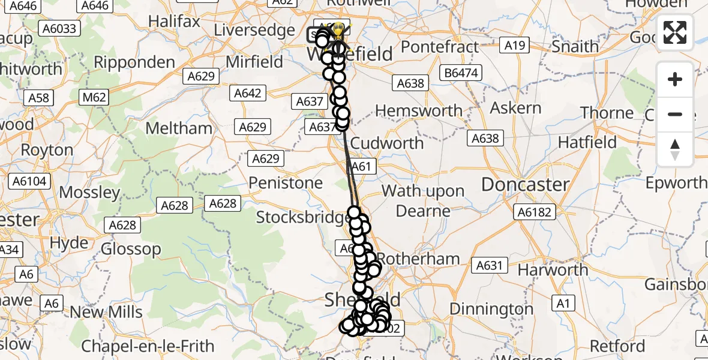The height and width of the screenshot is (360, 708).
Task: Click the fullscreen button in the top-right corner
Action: [x=675, y=32]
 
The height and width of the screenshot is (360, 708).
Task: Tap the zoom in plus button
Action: [x=675, y=80]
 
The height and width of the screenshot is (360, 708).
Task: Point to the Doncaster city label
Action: [x=525, y=184]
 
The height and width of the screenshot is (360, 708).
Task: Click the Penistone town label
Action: [x=285, y=182]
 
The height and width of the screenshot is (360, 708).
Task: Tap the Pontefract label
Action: [x=440, y=47]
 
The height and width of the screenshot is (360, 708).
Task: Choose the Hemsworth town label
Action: [x=418, y=110]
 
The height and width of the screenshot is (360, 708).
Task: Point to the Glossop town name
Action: [x=131, y=248]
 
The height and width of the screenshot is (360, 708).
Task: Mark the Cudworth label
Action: [x=387, y=143]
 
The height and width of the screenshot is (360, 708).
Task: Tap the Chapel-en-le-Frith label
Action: [x=148, y=346]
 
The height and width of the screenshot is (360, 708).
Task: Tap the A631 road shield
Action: [x=491, y=265]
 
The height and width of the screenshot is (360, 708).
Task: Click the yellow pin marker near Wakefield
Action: [x=338, y=29]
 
